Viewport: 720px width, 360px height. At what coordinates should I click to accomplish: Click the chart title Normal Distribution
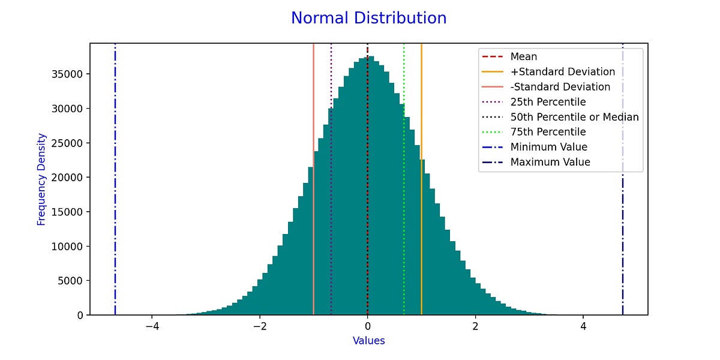368,18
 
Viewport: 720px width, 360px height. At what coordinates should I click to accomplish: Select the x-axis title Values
368,341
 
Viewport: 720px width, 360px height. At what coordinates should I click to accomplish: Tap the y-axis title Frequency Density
41,179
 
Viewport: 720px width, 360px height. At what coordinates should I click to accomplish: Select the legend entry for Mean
523,57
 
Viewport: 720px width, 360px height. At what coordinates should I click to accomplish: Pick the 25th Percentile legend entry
548,102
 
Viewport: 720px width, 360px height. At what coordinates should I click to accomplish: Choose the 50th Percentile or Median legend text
574,117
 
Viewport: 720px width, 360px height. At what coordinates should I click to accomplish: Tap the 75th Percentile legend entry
548,132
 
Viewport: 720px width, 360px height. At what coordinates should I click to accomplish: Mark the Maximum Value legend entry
550,162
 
